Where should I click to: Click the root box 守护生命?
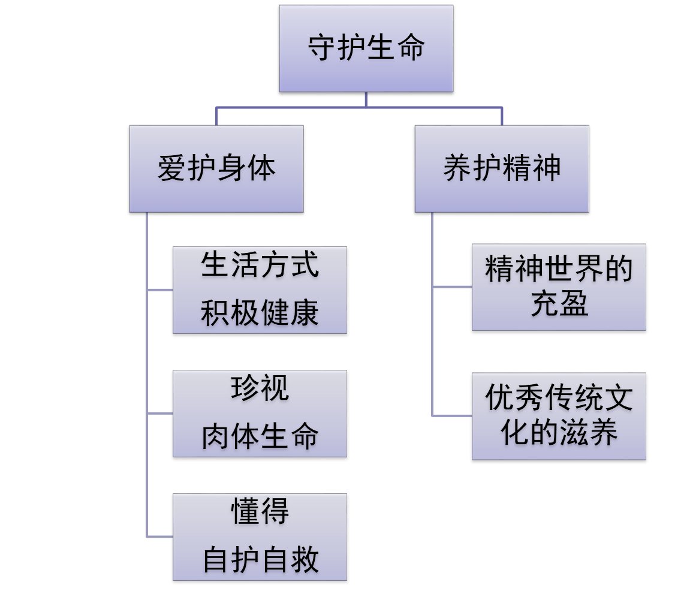[366, 48]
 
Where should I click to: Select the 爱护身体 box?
[216, 168]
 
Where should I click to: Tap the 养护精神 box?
[501, 168]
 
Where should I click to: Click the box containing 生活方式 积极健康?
[260, 290]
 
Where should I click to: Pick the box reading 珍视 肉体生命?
[260, 413]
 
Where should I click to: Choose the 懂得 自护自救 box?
[260, 536]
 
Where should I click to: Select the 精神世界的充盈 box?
[558, 287]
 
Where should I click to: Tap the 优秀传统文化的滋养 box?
[558, 416]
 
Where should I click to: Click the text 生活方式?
[260, 265]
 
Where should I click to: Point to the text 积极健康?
[260, 313]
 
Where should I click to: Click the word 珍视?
[260, 388]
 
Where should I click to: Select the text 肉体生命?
[260, 437]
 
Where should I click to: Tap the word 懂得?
[260, 512]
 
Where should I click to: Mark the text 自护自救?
[260, 560]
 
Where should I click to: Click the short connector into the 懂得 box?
[160, 536]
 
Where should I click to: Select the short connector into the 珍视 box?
[160, 413]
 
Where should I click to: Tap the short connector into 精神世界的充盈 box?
[452, 287]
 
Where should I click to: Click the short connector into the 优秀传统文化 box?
[452, 415]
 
